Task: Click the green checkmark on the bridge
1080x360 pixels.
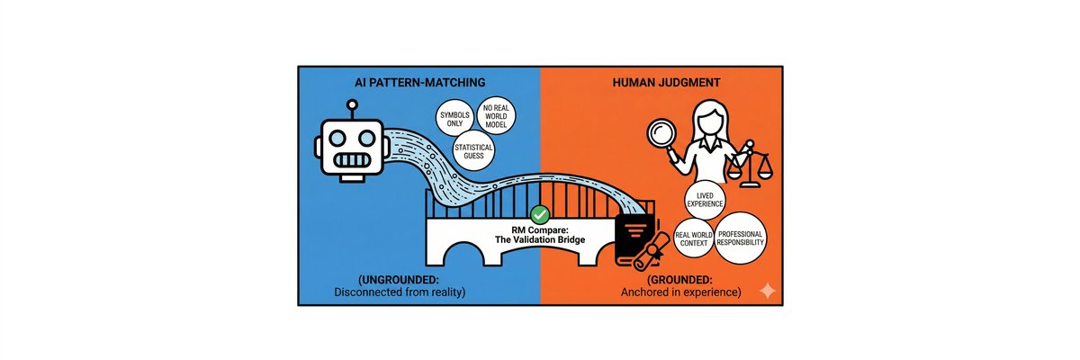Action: (x=540, y=214)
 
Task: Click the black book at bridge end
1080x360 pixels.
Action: (x=634, y=237)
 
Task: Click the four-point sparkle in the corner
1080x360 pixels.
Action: (x=767, y=292)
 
